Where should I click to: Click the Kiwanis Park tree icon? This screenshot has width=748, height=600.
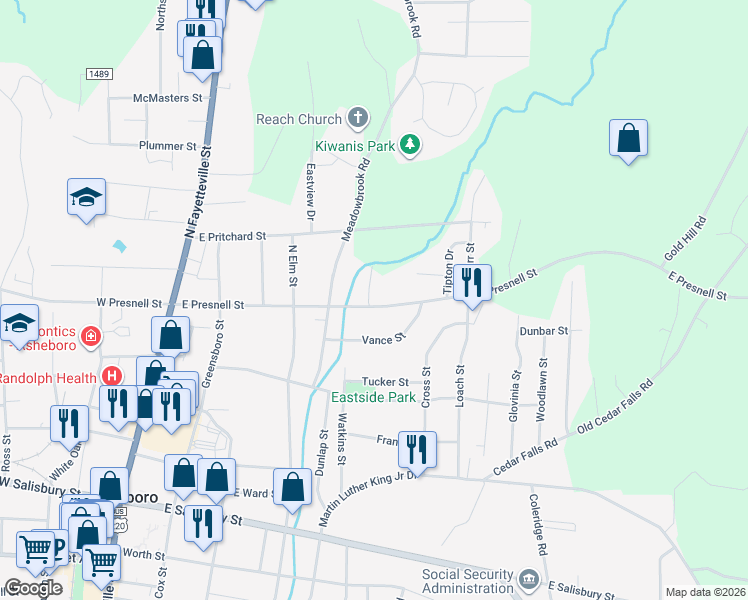(x=409, y=146)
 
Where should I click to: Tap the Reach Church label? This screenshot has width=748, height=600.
(x=299, y=119)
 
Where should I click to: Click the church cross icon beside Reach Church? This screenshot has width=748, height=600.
(x=358, y=119)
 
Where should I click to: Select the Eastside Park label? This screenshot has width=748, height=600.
(x=373, y=397)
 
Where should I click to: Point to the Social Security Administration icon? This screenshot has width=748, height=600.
(x=529, y=580)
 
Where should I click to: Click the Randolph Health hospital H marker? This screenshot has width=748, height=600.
(x=112, y=376)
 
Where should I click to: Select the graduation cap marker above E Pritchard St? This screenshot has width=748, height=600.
(x=86, y=197)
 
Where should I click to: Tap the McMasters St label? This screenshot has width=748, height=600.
(x=169, y=98)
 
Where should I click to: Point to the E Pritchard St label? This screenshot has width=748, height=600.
(x=232, y=236)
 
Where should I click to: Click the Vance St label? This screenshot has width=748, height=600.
(x=383, y=340)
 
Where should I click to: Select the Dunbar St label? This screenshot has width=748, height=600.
(x=543, y=330)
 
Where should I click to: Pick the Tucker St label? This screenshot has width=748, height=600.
(x=385, y=382)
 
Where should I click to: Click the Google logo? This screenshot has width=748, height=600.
(x=33, y=588)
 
